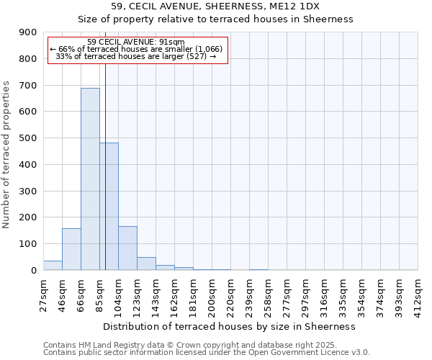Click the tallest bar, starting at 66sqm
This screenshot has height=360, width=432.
pyautogui.click(x=90, y=179)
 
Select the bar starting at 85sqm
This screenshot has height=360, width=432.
pyautogui.click(x=109, y=206)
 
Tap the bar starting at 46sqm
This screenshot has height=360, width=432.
pyautogui.click(x=71, y=249)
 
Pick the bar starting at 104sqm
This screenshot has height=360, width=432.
pyautogui.click(x=127, y=248)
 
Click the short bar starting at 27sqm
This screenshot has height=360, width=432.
pyautogui.click(x=53, y=265)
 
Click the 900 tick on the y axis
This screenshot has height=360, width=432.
pyautogui.click(x=28, y=32)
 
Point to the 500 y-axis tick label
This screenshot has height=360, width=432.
pyautogui.click(x=28, y=138)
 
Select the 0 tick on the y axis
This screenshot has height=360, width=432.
pyautogui.click(x=34, y=270)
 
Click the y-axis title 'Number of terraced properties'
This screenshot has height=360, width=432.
pyautogui.click(x=6, y=155)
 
